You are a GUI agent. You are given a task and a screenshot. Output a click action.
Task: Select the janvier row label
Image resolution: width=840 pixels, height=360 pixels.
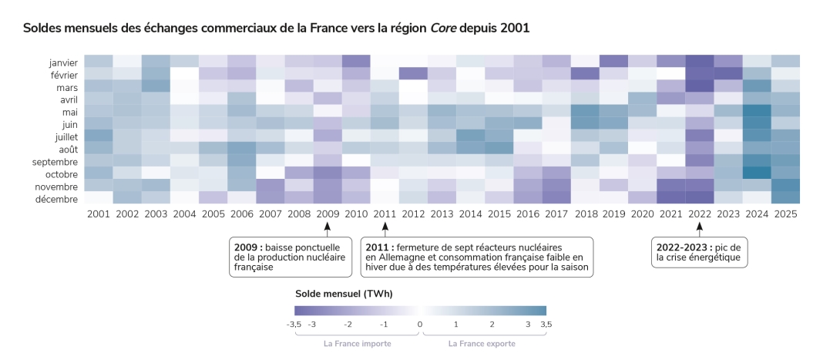(62, 62)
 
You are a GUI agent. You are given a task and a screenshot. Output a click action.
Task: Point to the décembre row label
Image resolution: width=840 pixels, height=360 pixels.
(58, 199)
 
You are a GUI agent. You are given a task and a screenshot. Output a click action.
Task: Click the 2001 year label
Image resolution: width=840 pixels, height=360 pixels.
(98, 214)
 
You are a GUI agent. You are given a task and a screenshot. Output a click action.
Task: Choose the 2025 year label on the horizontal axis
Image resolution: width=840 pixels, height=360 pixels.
(785, 214)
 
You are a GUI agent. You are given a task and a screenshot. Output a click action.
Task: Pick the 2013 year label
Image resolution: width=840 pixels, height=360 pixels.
(442, 214)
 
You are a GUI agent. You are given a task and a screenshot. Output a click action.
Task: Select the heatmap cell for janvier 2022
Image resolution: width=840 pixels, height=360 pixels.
(699, 62)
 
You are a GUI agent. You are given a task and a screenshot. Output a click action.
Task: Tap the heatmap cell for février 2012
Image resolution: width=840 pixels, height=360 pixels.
(413, 74)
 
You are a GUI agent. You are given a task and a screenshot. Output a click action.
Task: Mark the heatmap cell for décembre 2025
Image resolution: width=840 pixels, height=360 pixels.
(785, 198)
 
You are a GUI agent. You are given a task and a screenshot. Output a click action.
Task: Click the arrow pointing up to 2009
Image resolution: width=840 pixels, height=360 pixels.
(327, 227)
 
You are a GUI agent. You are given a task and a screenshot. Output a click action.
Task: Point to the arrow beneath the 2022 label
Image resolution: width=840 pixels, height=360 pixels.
(699, 227)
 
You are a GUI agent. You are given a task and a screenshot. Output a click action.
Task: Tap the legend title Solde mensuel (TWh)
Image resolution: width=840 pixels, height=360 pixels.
(344, 294)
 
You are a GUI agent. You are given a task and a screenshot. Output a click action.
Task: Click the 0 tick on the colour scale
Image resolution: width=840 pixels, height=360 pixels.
(420, 324)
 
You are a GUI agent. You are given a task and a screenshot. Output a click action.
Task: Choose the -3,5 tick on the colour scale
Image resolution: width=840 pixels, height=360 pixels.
(294, 324)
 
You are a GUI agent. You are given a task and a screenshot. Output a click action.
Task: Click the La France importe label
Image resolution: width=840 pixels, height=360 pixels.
(357, 344)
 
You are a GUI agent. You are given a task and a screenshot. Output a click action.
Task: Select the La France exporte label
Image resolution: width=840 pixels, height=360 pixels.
(482, 344)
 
